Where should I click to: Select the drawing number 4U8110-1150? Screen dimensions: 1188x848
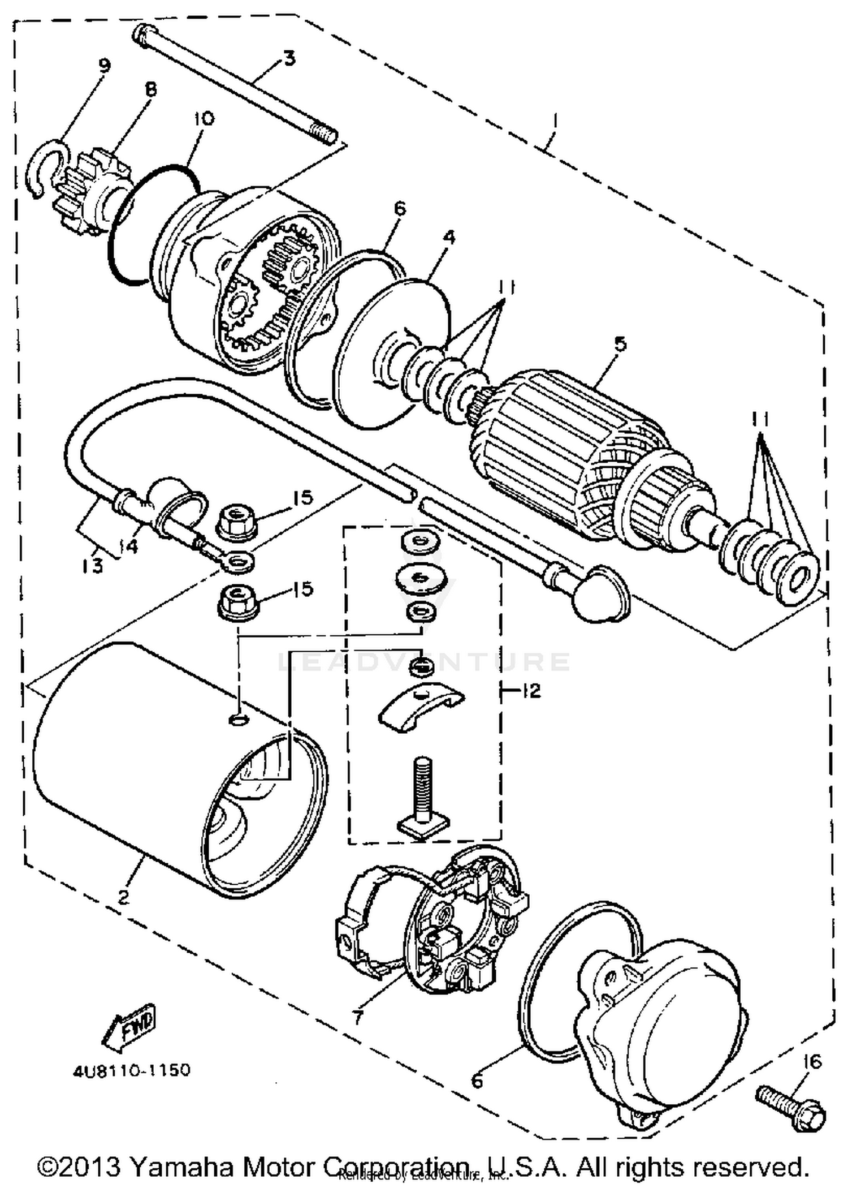click(131, 1071)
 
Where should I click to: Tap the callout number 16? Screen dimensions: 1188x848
click(812, 1062)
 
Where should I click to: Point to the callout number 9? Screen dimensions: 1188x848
click(104, 66)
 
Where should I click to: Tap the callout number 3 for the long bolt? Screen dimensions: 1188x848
click(289, 58)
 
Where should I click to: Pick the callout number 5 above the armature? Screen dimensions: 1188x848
click(620, 344)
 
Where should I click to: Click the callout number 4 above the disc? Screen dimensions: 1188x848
click(448, 238)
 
